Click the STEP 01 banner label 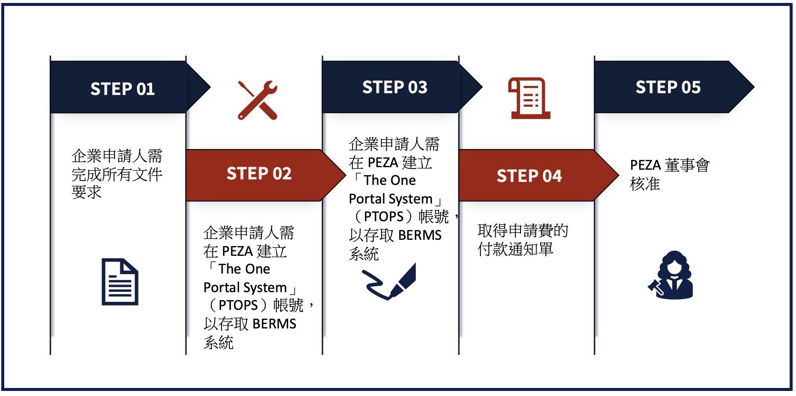click(x=123, y=89)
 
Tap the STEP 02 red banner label click(x=259, y=174)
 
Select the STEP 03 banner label click(x=395, y=87)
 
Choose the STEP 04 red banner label click(x=529, y=176)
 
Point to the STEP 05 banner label click(x=668, y=87)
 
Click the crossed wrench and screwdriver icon click(x=257, y=100)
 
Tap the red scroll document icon click(x=529, y=98)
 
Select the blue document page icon click(x=120, y=282)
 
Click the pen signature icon click(x=389, y=282)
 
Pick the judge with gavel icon click(x=671, y=275)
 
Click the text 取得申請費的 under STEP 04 click(x=523, y=231)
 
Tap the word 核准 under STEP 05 click(x=645, y=184)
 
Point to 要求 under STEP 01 click(x=87, y=192)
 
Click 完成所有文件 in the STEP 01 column click(x=117, y=174)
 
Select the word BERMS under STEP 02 click(x=275, y=324)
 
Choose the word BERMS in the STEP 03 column click(x=420, y=235)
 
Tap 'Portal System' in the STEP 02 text click(x=245, y=288)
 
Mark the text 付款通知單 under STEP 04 click(x=515, y=249)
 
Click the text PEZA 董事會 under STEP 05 click(x=670, y=165)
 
